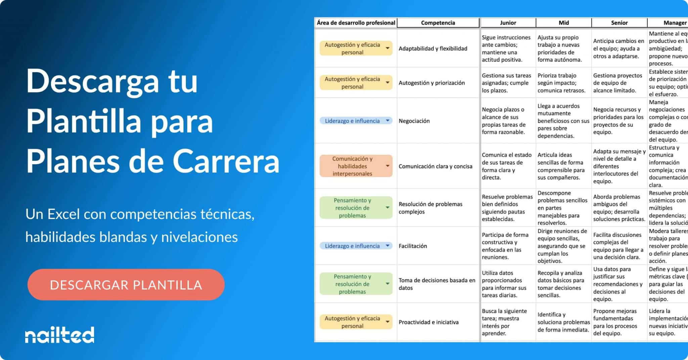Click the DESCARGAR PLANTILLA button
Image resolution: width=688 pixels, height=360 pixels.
point(126,285)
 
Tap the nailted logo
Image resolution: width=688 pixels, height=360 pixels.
point(59,335)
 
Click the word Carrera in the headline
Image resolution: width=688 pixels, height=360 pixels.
point(226,162)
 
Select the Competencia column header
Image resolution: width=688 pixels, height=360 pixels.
point(438,23)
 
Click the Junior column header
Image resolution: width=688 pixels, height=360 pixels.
point(508,23)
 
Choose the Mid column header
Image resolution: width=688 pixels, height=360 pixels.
point(564,23)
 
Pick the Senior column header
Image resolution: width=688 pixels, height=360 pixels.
point(619,23)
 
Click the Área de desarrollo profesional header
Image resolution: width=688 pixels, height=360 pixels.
point(356,23)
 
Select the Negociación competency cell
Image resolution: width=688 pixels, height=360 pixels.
point(414,121)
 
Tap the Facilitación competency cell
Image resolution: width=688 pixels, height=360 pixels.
point(413,246)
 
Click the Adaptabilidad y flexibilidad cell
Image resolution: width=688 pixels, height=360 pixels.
point(433,49)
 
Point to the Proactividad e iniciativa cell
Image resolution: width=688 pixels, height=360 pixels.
point(428,322)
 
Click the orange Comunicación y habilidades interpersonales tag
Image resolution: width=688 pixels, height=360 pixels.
point(352,166)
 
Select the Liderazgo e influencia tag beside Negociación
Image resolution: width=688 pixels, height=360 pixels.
point(352,121)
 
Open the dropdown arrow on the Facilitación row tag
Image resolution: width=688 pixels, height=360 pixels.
point(388,246)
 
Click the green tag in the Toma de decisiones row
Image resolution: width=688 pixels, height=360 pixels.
point(352,284)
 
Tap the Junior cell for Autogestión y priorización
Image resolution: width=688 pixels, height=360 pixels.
point(507,83)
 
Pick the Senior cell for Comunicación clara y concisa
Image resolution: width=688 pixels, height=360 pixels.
point(619,166)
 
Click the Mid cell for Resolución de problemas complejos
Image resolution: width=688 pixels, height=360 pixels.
point(563,208)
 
